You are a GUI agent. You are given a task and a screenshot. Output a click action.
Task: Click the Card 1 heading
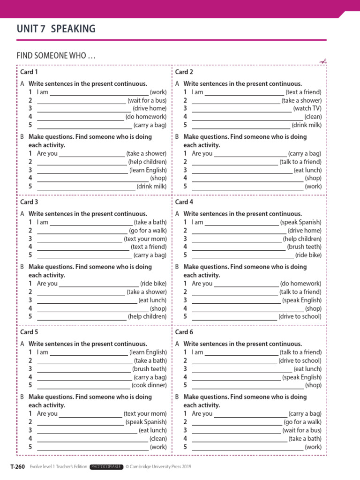(29, 72)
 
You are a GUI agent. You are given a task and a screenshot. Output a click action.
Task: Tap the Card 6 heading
(184, 332)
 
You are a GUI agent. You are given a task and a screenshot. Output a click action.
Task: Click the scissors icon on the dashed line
(323, 61)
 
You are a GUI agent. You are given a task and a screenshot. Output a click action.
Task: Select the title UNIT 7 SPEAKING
(56, 29)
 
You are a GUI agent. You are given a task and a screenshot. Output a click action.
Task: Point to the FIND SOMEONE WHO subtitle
(56, 56)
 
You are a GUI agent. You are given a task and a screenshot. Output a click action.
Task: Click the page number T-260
(17, 466)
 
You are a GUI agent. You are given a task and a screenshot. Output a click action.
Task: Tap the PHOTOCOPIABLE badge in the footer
(107, 466)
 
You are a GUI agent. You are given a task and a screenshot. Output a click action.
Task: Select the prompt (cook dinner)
(149, 385)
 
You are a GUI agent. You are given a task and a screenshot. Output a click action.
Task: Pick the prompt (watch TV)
(307, 109)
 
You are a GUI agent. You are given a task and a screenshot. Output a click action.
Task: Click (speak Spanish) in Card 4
(301, 222)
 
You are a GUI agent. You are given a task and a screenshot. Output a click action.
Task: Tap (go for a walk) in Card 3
(148, 231)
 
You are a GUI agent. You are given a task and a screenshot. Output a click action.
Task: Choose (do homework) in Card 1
(146, 117)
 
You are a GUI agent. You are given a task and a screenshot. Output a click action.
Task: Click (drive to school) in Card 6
(300, 360)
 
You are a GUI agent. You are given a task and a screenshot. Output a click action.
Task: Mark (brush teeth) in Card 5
(150, 369)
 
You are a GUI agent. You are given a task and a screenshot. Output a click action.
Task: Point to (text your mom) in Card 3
(145, 239)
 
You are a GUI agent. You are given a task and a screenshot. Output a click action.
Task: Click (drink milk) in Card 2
(307, 125)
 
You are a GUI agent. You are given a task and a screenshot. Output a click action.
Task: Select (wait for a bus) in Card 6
(302, 430)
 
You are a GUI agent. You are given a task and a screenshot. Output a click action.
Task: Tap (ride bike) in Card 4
(308, 255)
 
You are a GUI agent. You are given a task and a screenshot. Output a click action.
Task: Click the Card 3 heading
(29, 202)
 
